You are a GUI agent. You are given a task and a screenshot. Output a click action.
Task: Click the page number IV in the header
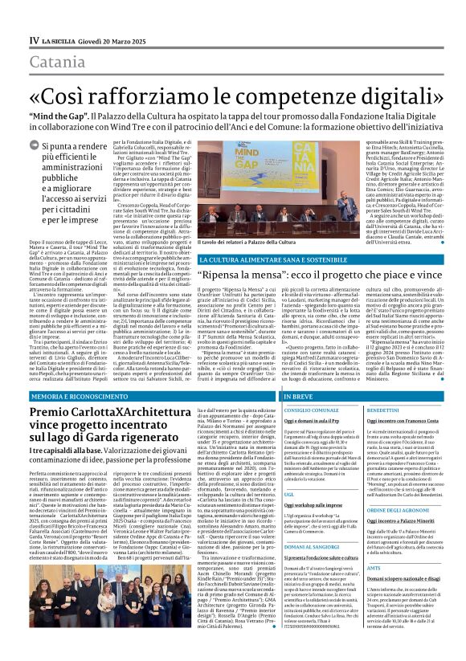tap(33, 17)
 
